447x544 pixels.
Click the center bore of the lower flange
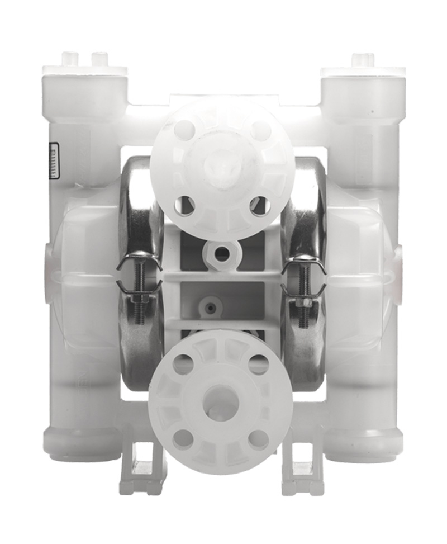click(220, 399)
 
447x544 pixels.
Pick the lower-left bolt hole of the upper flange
click(184, 205)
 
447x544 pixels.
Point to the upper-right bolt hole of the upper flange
click(260, 130)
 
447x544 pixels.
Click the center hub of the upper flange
click(222, 167)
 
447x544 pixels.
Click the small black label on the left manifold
click(54, 161)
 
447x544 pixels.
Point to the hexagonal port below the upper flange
click(222, 255)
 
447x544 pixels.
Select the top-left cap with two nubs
click(85, 64)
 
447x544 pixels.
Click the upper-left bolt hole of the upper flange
click(184, 130)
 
